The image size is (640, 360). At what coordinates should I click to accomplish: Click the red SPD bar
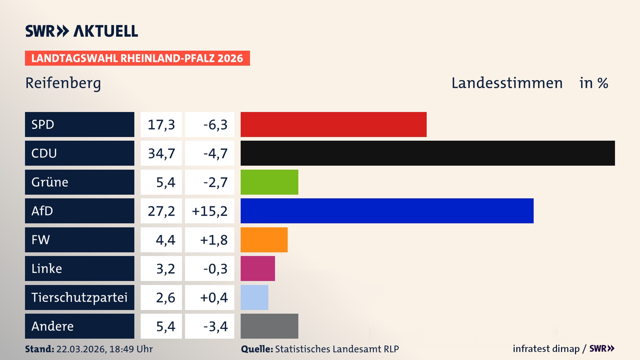tap(333, 124)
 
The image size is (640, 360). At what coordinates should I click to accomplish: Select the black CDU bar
tap(428, 153)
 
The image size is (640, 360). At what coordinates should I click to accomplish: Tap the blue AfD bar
tap(387, 211)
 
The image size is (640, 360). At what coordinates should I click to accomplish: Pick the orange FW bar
tap(264, 240)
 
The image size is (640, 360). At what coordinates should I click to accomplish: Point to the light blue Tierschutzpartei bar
tap(254, 297)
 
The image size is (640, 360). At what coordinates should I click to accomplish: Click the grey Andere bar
tap(269, 326)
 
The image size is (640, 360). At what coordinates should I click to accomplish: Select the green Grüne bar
tap(269, 182)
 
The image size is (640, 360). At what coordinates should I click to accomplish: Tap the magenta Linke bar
tap(258, 268)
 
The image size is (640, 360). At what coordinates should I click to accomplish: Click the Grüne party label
tap(50, 182)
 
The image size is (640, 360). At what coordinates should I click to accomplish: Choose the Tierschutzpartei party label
tap(79, 297)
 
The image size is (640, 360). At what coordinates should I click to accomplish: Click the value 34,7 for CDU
tap(161, 153)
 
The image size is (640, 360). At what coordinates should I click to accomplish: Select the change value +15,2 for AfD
tap(210, 211)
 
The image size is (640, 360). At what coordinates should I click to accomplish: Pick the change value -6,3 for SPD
tap(215, 125)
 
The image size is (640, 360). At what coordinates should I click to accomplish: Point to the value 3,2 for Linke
tap(165, 269)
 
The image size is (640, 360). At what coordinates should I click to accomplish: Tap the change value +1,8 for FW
tap(214, 240)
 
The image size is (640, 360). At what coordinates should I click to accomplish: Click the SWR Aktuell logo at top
tap(82, 31)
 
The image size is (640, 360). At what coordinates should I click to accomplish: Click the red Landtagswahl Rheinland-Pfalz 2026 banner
tap(137, 58)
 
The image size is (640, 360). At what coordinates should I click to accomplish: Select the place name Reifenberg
tap(63, 83)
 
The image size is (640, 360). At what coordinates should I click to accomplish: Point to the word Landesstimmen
tap(507, 83)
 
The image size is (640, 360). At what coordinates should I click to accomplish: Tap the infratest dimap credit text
tap(546, 349)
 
